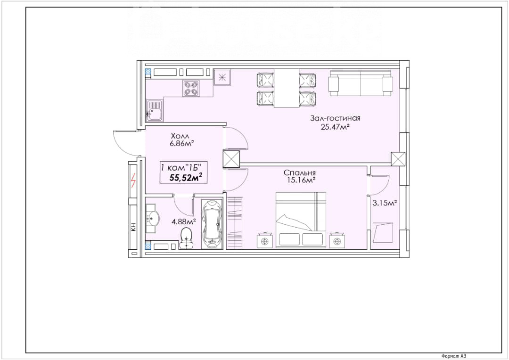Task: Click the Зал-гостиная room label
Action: (335, 118)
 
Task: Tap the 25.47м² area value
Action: (335, 127)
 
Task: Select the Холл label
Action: (180, 136)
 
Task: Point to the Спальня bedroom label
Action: (300, 172)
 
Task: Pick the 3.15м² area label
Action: (385, 203)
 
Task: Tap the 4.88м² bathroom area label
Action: (184, 222)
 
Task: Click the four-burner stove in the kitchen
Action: (191, 88)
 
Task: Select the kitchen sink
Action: (155, 110)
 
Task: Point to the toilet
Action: (186, 238)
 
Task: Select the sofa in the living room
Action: (361, 83)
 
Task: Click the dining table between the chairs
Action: (287, 88)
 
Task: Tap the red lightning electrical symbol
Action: (133, 180)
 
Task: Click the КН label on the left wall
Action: (133, 227)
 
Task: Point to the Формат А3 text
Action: (454, 356)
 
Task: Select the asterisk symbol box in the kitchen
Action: (222, 77)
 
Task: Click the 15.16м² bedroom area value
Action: (302, 180)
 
